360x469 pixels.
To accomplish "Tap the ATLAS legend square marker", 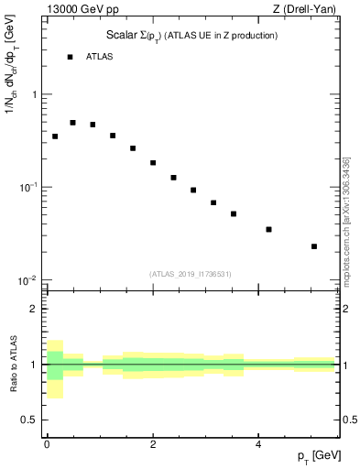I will (70, 57).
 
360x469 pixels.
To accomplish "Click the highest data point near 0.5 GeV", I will (72, 122).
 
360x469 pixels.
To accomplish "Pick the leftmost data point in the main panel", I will (55, 136).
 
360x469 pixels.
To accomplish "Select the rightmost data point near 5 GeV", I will (314, 245).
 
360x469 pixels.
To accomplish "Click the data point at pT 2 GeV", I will (153, 163).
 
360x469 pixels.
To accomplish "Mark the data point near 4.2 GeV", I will (268, 229).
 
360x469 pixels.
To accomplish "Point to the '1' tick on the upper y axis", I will (35, 94).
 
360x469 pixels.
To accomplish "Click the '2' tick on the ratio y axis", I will (35, 309).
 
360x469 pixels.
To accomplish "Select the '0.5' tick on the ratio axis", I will (30, 420).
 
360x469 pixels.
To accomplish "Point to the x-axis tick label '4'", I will (259, 444).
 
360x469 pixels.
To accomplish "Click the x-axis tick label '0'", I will (47, 444).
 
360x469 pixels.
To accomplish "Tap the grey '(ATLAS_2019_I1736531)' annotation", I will (191, 274).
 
